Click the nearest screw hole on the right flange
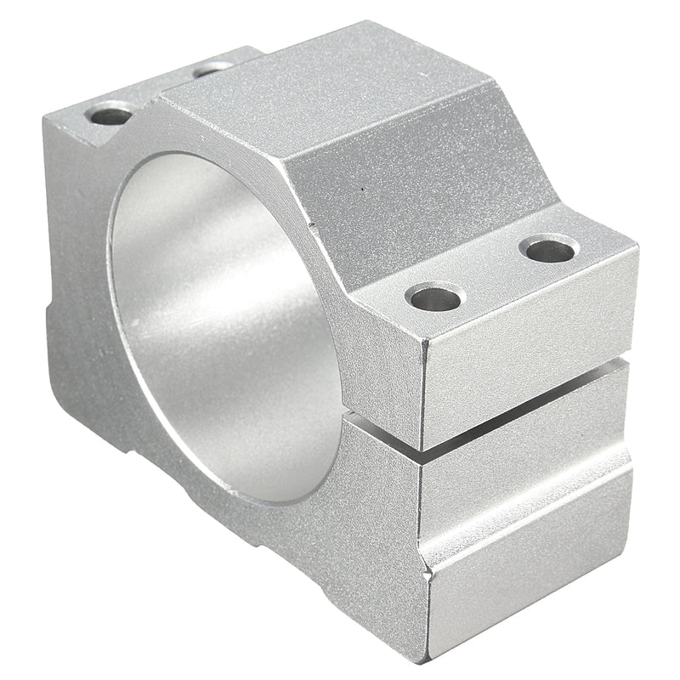[435, 297]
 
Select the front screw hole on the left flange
[111, 114]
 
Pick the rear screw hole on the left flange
[212, 68]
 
